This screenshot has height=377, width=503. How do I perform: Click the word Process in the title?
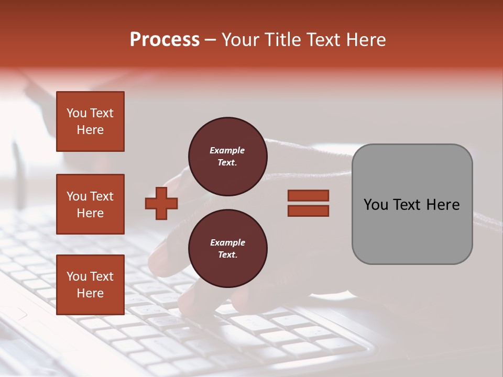[x=165, y=40]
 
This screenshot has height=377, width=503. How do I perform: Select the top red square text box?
[x=90, y=121]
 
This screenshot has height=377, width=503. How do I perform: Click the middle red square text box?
[x=90, y=204]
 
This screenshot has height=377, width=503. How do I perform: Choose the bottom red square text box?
[x=90, y=285]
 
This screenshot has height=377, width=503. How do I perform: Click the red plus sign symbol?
[x=161, y=203]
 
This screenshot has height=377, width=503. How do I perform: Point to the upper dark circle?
[x=227, y=157]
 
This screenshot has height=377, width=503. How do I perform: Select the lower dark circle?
[x=227, y=249]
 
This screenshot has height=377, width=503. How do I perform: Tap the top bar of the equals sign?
[x=308, y=195]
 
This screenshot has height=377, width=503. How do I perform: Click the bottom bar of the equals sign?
[x=308, y=210]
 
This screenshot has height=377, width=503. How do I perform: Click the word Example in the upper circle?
[x=227, y=150]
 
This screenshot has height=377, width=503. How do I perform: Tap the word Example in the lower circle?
[x=227, y=242]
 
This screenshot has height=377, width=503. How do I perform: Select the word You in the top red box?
[x=76, y=113]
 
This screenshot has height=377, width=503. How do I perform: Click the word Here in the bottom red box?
[x=90, y=293]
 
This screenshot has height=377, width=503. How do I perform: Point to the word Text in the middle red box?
[x=102, y=196]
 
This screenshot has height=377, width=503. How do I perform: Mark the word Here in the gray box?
[x=443, y=205]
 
